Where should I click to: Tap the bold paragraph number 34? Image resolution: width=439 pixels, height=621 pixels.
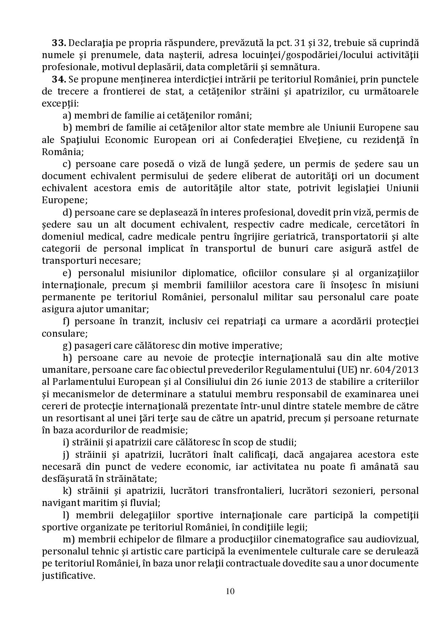pyautogui.click(x=59, y=79)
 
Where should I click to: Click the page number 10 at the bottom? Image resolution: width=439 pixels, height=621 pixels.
pyautogui.click(x=230, y=591)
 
